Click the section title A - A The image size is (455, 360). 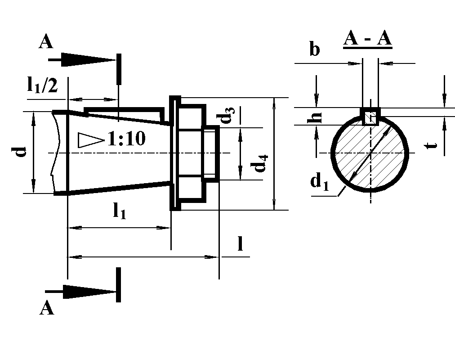tap(367, 40)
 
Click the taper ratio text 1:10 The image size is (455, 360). tap(126, 139)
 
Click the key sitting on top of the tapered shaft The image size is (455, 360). tap(124, 114)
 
